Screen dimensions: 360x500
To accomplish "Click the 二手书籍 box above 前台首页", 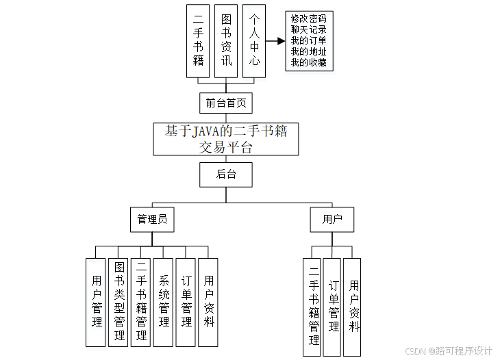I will [198, 41].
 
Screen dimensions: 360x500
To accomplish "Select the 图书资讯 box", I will [226, 41].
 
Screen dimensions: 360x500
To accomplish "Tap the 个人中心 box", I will [253, 41].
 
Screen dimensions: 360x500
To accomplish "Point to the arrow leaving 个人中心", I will [275, 41].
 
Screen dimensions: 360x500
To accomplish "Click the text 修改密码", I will [308, 18].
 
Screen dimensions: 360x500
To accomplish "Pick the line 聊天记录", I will [308, 29].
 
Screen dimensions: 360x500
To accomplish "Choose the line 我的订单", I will [308, 40].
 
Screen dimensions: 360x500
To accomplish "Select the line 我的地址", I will [308, 51].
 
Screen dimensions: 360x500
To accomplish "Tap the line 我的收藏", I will [308, 63].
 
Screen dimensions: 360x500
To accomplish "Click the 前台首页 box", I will [226, 103].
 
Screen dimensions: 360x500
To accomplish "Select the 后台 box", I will [226, 175].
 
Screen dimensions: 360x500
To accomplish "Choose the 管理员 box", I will [151, 220].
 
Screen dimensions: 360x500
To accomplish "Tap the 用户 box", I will [332, 220].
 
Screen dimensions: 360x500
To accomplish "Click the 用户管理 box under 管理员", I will [96, 302].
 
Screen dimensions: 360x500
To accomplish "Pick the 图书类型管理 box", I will [118, 302].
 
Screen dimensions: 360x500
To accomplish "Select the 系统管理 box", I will [163, 302].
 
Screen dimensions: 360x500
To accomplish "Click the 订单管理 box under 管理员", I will [186, 302].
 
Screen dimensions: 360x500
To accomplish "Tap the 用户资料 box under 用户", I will [353, 307].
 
